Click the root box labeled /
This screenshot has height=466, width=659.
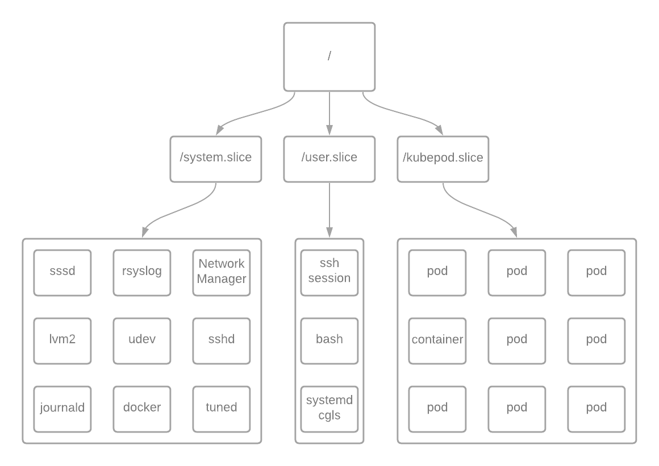(329, 57)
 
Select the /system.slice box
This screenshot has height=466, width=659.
(216, 159)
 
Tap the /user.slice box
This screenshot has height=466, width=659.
(329, 159)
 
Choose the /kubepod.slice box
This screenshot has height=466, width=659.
(443, 159)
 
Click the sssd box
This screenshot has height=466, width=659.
(62, 273)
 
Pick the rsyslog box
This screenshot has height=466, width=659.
(142, 273)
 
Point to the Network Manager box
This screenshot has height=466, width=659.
(222, 273)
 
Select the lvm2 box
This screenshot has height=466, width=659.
(62, 341)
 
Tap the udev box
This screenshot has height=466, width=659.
(142, 341)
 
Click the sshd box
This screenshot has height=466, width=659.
(222, 341)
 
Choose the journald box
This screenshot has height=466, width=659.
(62, 409)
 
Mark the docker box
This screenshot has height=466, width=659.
(142, 409)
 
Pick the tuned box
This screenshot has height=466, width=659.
(222, 409)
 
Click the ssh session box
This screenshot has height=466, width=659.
(329, 273)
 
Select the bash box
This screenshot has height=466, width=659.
(329, 341)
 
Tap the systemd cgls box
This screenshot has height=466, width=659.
(329, 409)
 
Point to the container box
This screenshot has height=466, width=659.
(437, 341)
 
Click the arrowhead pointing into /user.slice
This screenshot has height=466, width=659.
(329, 130)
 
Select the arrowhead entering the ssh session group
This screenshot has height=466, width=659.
(329, 232)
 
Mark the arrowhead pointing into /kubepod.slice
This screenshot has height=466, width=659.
(439, 130)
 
